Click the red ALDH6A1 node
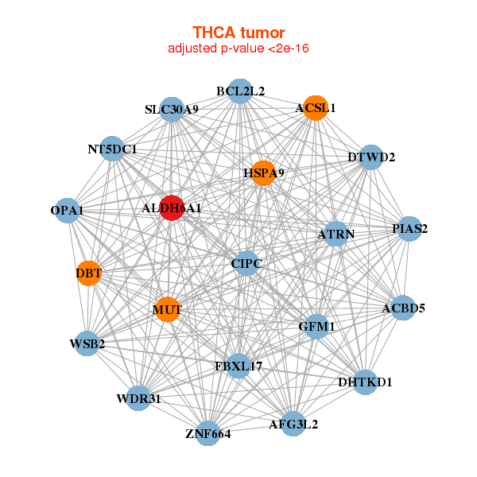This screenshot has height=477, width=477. (x=172, y=207)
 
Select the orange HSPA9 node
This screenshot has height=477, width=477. (x=263, y=173)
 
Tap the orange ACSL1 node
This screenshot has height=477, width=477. (x=316, y=108)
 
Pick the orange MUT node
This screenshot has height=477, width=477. (x=167, y=309)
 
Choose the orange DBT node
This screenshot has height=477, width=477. (x=89, y=274)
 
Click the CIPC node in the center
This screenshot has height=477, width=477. (x=246, y=263)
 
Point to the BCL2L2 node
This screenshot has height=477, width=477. (x=240, y=91)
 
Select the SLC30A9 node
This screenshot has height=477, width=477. (x=173, y=110)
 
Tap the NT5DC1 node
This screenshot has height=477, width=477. (x=113, y=149)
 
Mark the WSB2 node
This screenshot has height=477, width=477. (x=87, y=343)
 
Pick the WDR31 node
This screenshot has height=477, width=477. (x=138, y=398)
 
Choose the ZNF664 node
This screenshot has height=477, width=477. (x=207, y=433)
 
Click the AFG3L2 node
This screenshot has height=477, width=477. (x=293, y=424)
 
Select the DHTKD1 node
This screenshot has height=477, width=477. (x=364, y=382)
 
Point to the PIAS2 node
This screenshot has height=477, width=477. (x=409, y=229)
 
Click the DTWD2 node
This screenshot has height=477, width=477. (x=371, y=157)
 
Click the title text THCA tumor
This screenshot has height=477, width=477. (x=238, y=33)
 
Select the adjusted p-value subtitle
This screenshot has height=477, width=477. (x=238, y=48)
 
